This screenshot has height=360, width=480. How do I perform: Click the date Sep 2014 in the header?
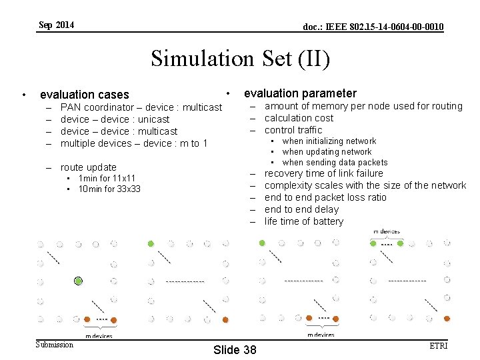pyautogui.click(x=57, y=25)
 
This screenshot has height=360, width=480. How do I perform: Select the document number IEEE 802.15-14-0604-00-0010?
pyautogui.click(x=373, y=27)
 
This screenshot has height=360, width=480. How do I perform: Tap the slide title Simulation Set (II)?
pyautogui.click(x=240, y=59)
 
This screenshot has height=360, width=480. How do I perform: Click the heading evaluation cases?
pyautogui.click(x=85, y=95)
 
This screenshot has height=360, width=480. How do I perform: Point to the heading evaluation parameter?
pyautogui.click(x=300, y=93)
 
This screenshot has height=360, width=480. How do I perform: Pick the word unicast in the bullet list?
pyautogui.click(x=153, y=119)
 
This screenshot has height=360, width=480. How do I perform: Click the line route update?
pyautogui.click(x=88, y=167)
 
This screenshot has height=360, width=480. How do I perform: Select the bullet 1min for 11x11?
pyautogui.click(x=107, y=178)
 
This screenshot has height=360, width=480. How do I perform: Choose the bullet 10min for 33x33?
pyautogui.click(x=109, y=189)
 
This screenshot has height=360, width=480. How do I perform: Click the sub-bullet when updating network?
pyautogui.click(x=327, y=151)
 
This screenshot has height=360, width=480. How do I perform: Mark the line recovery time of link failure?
pyautogui.click(x=323, y=173)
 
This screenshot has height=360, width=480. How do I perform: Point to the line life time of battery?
pyautogui.click(x=303, y=221)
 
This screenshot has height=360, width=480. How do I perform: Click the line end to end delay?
pyautogui.click(x=301, y=209)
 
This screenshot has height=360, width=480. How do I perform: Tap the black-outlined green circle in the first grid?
pyautogui.click(x=79, y=281)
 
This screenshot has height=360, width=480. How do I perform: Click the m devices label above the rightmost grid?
pyautogui.click(x=387, y=232)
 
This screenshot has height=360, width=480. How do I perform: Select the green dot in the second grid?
pyautogui.click(x=151, y=244)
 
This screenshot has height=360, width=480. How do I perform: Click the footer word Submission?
pyautogui.click(x=55, y=345)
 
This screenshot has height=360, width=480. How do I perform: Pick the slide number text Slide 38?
pyautogui.click(x=234, y=350)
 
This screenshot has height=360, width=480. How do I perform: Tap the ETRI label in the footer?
pyautogui.click(x=439, y=345)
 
